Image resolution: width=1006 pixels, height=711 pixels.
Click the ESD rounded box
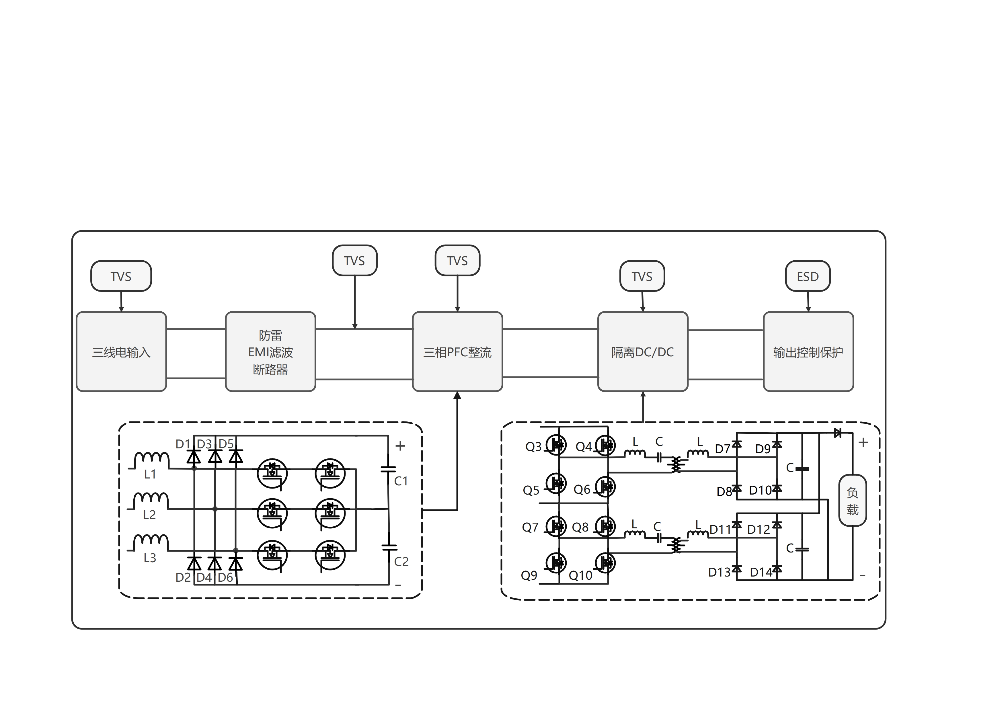(808, 276)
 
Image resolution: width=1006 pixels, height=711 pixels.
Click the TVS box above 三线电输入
(121, 276)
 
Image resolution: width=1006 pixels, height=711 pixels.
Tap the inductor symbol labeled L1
(151, 460)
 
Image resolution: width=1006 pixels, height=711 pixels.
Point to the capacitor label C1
(401, 481)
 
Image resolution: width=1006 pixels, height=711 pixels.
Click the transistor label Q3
(533, 447)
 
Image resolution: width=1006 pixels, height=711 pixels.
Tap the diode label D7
(722, 449)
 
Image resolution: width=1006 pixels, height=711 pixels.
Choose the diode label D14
(761, 572)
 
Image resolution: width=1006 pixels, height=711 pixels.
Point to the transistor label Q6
(582, 489)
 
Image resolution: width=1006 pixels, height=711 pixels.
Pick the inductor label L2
(149, 515)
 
